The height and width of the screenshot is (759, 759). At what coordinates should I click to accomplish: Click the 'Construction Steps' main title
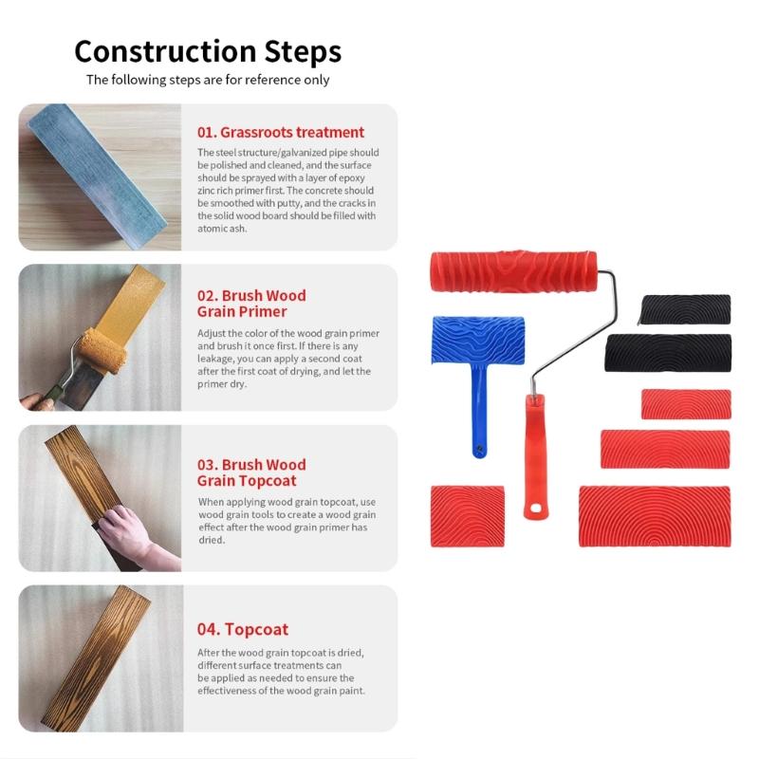(208, 50)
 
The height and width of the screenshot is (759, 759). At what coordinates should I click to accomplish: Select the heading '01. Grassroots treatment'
(280, 132)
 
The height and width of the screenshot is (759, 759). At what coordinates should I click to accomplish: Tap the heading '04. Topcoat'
(242, 629)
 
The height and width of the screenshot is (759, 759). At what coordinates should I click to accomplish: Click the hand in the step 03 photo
(133, 531)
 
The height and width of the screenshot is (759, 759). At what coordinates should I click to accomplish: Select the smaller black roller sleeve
(685, 309)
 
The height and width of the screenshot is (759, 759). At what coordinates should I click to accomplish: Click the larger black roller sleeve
(668, 353)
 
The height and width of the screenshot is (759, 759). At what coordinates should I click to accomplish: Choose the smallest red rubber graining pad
(685, 404)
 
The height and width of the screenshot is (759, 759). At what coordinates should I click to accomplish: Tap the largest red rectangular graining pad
(655, 516)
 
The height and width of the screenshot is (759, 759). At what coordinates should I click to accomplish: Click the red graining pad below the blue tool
(467, 516)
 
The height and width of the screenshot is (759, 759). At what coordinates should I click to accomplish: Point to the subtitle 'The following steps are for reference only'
(208, 80)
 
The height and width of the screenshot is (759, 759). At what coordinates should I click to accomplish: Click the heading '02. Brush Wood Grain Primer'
(251, 304)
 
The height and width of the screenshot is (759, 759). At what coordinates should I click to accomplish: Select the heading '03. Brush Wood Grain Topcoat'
(251, 472)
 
